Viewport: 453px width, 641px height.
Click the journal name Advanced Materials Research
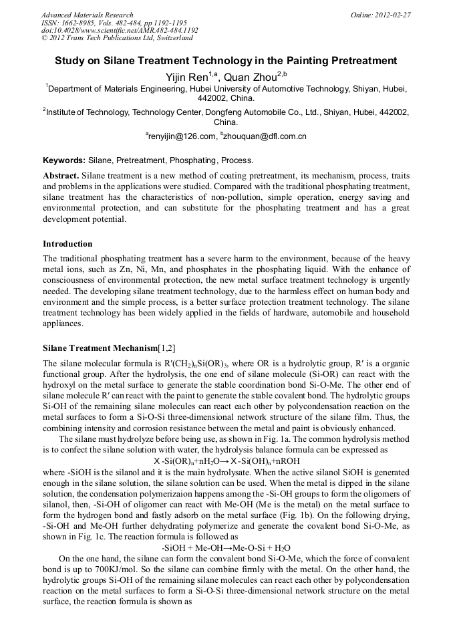tap(87, 15)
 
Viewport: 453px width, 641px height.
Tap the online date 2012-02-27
tap(392, 15)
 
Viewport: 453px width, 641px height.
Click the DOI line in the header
tap(120, 30)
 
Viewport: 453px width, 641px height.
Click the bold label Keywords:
tap(64, 160)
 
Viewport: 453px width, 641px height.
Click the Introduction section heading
tap(67, 243)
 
